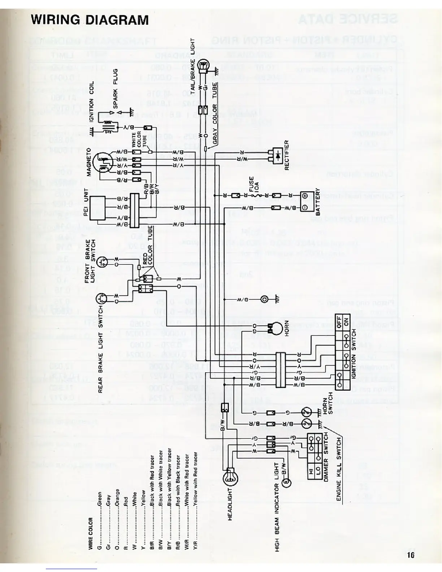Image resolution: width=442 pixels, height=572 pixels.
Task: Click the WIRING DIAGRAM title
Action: pyautogui.click(x=90, y=20)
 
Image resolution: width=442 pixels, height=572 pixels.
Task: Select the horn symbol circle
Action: pyautogui.click(x=277, y=328)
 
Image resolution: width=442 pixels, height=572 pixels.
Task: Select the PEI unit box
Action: pyautogui.click(x=97, y=208)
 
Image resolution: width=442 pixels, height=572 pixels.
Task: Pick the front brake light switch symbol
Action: pyautogui.click(x=102, y=261)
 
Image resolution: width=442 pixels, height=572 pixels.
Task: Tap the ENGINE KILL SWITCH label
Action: pyautogui.click(x=339, y=468)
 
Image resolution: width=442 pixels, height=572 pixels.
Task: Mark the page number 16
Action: pyautogui.click(x=410, y=555)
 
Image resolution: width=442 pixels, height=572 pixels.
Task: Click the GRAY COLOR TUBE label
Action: pyautogui.click(x=215, y=114)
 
